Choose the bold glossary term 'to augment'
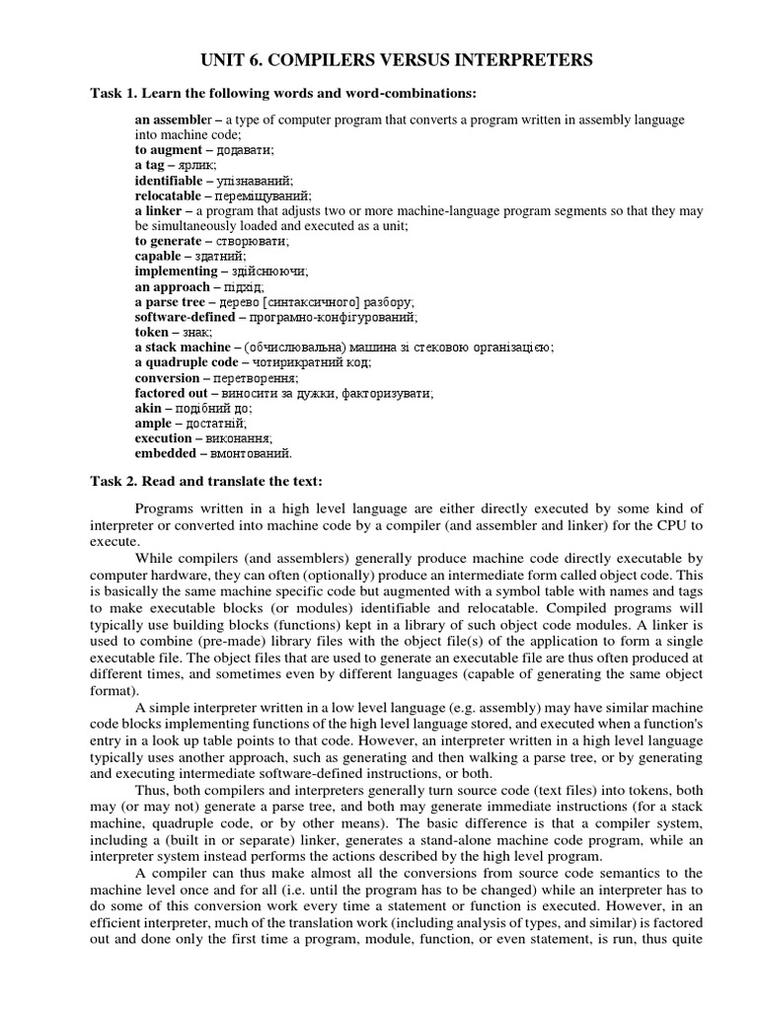167,150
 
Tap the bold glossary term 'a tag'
153,166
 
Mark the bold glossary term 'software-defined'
185,317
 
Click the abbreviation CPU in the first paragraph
637,525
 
